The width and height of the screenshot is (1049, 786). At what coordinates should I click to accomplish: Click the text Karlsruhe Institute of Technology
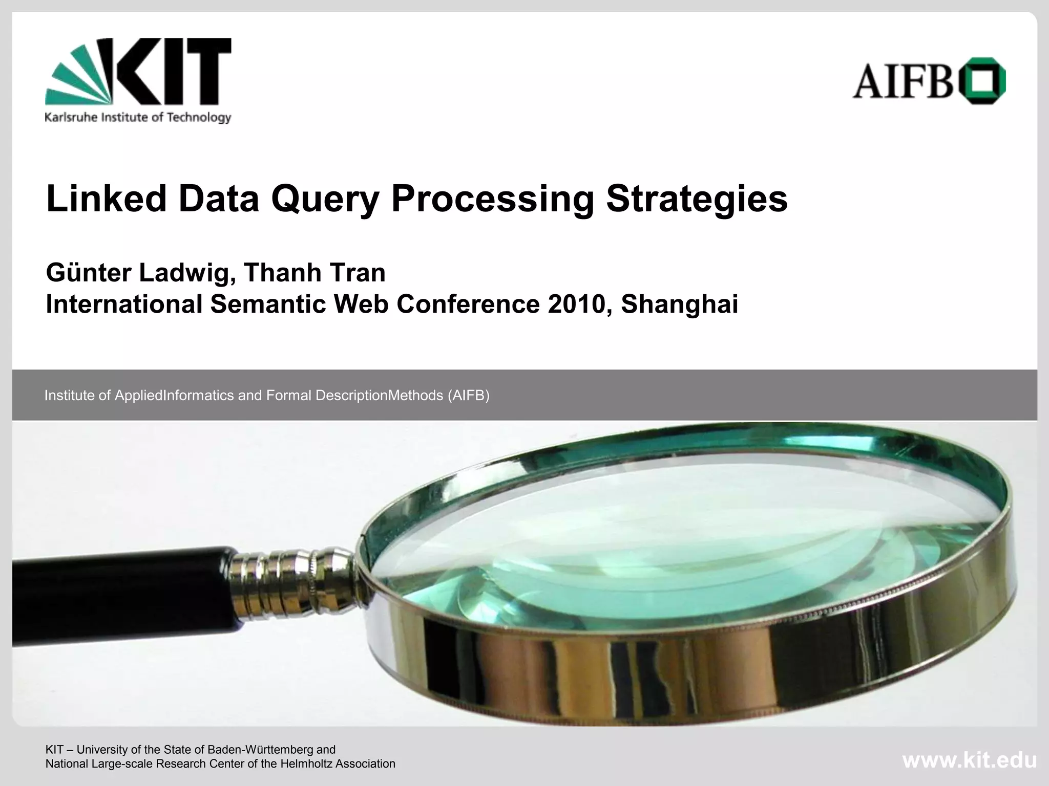click(x=138, y=118)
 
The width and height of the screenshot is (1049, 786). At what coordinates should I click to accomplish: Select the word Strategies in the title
click(x=697, y=200)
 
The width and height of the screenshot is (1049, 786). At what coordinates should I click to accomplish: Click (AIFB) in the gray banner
click(x=468, y=396)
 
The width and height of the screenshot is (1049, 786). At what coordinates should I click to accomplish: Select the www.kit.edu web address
click(x=969, y=760)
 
